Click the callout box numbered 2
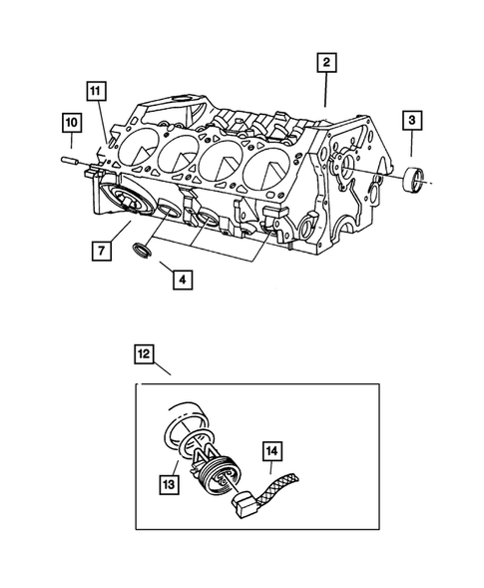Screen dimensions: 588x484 [x=326, y=63]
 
